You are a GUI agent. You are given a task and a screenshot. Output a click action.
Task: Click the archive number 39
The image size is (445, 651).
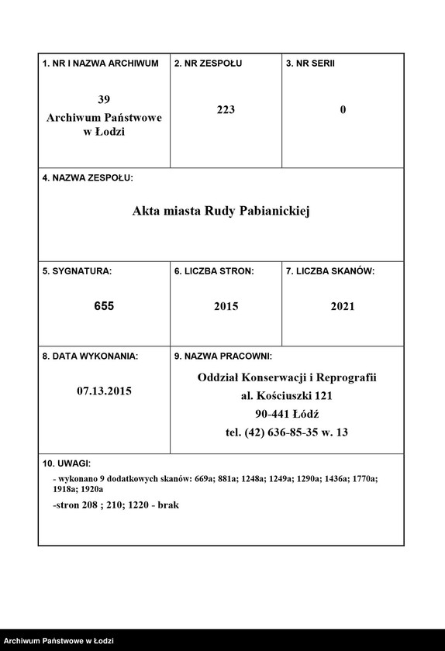(x=104, y=99)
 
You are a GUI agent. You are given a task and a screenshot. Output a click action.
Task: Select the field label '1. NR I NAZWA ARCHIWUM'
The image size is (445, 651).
(x=100, y=64)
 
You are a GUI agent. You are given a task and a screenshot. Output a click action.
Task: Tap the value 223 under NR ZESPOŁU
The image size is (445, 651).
(x=226, y=110)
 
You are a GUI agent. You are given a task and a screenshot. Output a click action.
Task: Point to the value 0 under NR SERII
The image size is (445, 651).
(x=343, y=110)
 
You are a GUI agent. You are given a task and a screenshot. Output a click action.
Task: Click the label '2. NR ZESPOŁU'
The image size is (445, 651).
(x=208, y=64)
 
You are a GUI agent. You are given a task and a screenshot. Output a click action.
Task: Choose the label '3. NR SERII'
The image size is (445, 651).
(x=310, y=64)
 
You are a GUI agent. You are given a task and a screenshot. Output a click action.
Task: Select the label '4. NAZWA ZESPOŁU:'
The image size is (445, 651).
(x=88, y=178)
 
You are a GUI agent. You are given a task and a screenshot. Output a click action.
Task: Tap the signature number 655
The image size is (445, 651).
(x=104, y=307)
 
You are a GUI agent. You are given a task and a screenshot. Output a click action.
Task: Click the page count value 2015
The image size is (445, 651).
(x=226, y=307)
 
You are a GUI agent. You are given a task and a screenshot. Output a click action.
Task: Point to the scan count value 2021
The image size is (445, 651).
(x=342, y=307)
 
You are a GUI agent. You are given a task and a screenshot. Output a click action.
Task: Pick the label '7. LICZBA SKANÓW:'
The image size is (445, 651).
(x=330, y=272)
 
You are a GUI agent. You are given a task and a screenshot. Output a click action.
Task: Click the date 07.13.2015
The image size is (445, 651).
(x=104, y=391)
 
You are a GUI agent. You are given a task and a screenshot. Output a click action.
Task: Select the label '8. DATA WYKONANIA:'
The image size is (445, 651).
(x=90, y=356)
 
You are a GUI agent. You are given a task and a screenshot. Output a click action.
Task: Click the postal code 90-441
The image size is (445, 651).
(x=271, y=414)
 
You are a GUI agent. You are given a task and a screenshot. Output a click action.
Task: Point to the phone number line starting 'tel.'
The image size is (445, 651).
(x=286, y=432)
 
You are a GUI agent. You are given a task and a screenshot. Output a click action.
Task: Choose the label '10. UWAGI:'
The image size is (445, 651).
(x=67, y=463)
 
